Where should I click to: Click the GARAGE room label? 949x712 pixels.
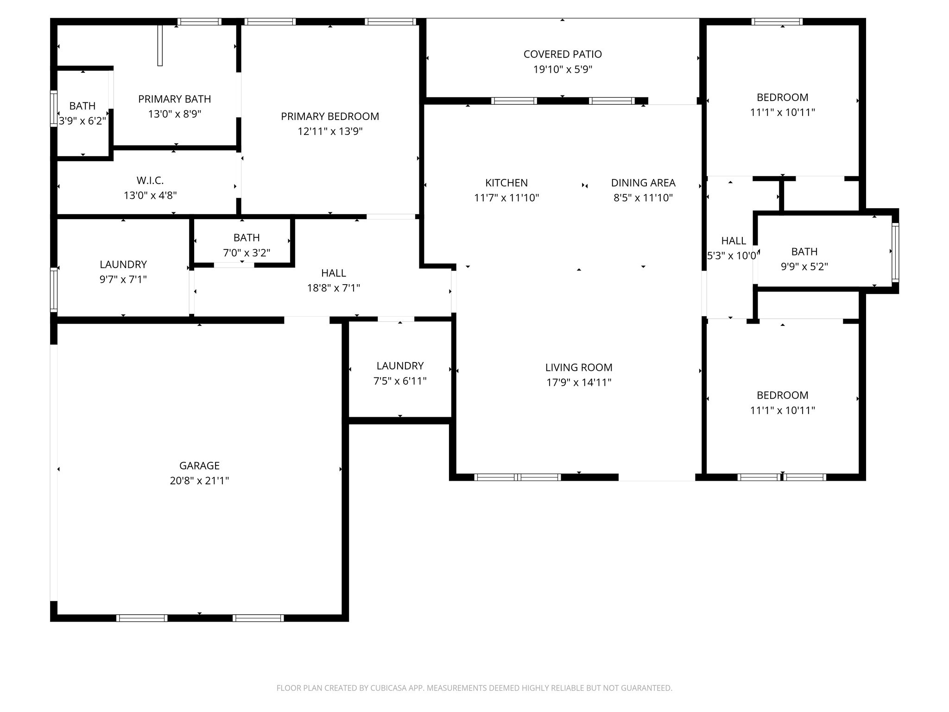[x=199, y=465]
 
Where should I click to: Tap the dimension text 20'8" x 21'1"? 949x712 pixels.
[x=199, y=481]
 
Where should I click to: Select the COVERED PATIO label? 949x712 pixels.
[x=563, y=54]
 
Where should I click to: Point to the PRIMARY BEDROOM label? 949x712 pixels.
[x=330, y=116]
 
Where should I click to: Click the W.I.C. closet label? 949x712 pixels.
[x=150, y=180]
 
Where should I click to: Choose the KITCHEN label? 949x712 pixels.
[x=506, y=183]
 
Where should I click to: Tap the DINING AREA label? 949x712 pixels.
[x=643, y=183]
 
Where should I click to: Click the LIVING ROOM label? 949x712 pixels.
[x=579, y=368]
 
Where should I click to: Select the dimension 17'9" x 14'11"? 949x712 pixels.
[x=579, y=382]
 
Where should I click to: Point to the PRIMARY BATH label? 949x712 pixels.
[x=174, y=99]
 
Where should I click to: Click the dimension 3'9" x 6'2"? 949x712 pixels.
[x=82, y=121]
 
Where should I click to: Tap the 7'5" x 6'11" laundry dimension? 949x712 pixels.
[x=400, y=381]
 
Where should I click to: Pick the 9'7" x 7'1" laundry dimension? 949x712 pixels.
[x=123, y=280]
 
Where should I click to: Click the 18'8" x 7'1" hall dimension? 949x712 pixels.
[x=334, y=288]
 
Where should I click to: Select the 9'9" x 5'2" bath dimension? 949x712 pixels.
[x=804, y=267]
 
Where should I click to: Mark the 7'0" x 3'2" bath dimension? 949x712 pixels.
[x=247, y=253]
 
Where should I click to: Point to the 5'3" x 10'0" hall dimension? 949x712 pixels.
[x=733, y=255]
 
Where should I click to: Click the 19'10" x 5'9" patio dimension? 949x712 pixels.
[x=563, y=70]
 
